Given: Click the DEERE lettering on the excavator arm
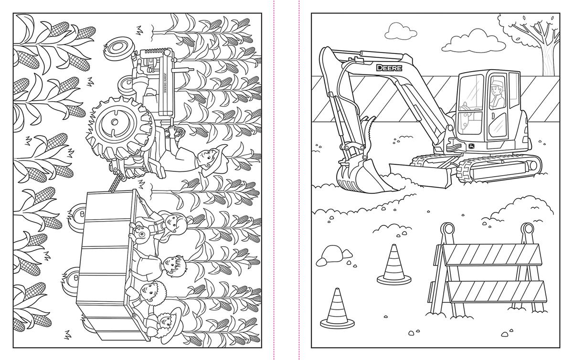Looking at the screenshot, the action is coord(389,68).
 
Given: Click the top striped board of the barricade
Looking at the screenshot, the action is coord(491,254).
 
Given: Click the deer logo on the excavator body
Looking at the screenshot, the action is coord(470,147).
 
